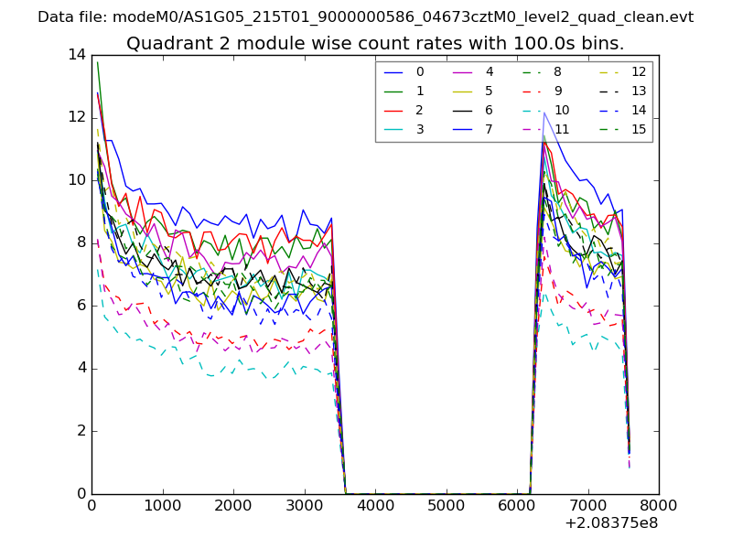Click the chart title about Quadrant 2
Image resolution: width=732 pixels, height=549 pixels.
click(x=375, y=44)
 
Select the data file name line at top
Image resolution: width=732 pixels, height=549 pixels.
click(x=366, y=17)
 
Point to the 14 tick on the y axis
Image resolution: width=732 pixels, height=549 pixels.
click(x=77, y=54)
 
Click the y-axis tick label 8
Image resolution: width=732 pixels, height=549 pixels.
click(x=81, y=242)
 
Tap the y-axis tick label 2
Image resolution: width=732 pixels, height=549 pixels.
click(x=81, y=431)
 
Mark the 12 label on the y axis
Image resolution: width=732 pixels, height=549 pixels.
click(x=77, y=117)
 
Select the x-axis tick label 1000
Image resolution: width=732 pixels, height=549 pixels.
click(x=162, y=504)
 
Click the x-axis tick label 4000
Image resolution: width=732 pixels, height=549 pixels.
click(x=375, y=504)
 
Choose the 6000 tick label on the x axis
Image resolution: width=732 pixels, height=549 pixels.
click(x=517, y=504)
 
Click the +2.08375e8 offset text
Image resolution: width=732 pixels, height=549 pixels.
click(x=610, y=523)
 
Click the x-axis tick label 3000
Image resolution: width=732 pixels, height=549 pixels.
click(x=304, y=504)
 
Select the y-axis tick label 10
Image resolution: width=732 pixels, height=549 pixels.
click(x=77, y=180)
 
